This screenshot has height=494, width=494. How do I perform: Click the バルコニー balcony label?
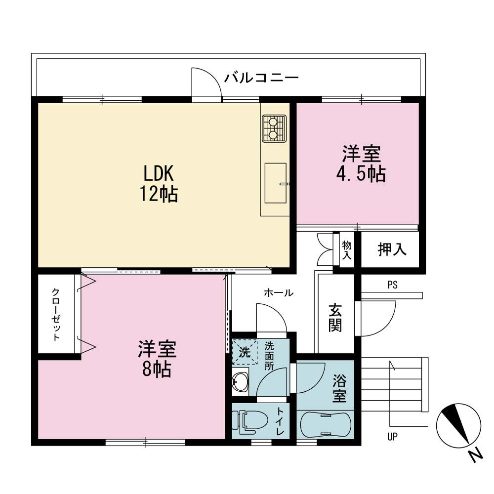(261, 78)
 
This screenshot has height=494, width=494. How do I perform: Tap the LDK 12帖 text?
(159, 183)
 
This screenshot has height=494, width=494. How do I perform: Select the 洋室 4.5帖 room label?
(361, 164)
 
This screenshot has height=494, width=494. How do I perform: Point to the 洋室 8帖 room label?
(157, 359)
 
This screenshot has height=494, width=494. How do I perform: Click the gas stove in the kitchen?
(274, 128)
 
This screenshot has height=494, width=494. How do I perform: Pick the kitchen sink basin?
(276, 183)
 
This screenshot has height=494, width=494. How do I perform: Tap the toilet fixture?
(250, 421)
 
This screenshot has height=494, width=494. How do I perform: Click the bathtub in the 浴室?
(326, 424)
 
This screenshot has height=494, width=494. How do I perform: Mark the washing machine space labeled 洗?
(245, 352)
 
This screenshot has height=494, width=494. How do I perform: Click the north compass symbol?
(458, 426)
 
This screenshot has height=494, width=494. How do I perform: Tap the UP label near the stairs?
(392, 437)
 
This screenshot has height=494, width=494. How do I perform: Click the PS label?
(393, 285)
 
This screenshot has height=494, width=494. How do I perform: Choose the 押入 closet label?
(392, 249)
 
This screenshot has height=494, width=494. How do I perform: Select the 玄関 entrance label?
(335, 318)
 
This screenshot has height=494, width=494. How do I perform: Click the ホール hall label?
(279, 292)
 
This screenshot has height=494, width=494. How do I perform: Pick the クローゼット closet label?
(56, 315)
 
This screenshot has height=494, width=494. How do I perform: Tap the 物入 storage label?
(347, 250)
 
